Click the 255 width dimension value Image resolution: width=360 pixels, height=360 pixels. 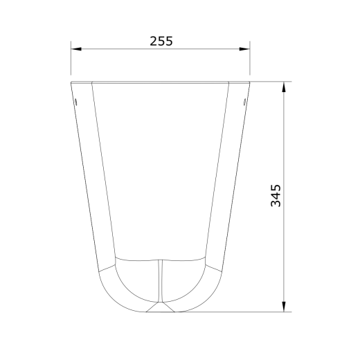click(x=161, y=41)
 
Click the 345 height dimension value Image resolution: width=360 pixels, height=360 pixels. click(x=276, y=195)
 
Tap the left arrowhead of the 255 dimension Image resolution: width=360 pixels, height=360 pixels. click(x=76, y=49)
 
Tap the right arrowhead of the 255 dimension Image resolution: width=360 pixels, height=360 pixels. click(x=244, y=49)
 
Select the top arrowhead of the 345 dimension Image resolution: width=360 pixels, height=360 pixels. click(x=284, y=87)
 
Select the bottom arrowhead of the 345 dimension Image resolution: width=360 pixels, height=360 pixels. click(x=284, y=307)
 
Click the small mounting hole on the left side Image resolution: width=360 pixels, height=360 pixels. click(x=75, y=101)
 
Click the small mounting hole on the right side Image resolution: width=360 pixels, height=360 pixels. click(x=245, y=101)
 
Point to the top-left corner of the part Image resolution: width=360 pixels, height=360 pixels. click(x=71, y=82)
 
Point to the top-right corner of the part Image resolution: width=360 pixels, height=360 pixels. click(x=250, y=82)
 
